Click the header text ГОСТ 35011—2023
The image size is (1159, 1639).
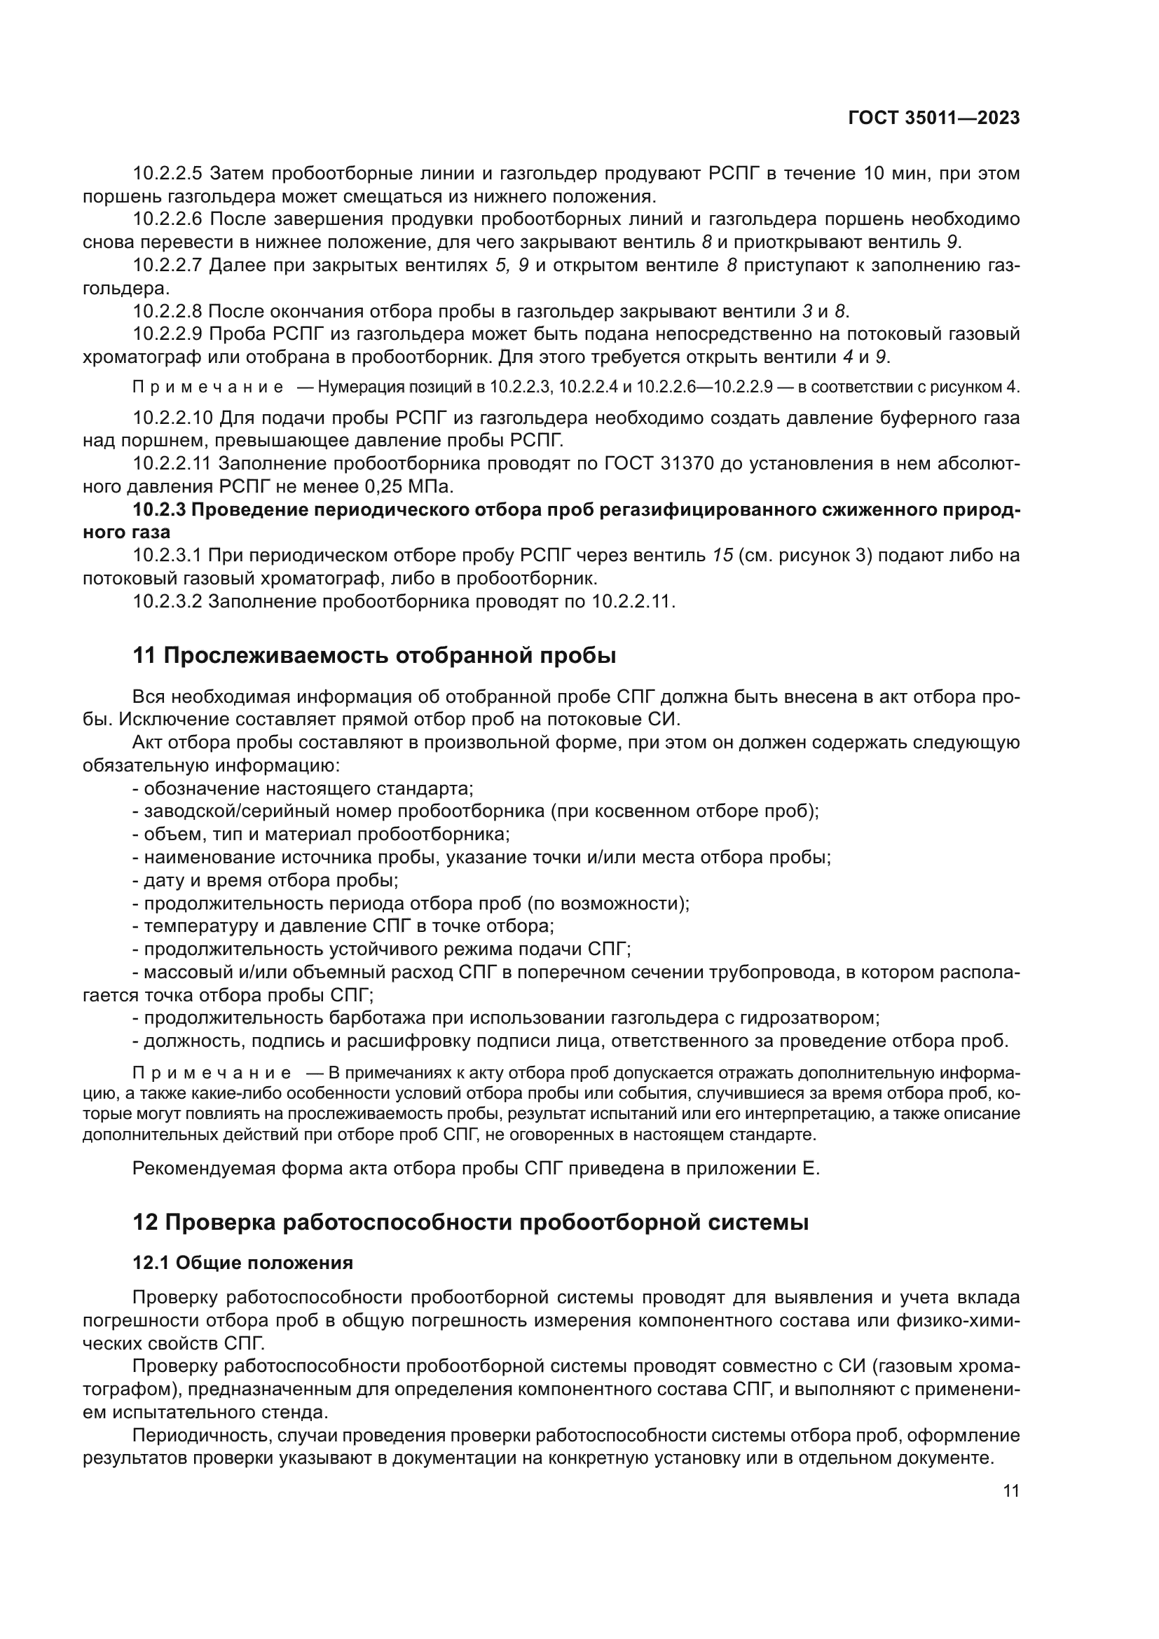tap(933, 118)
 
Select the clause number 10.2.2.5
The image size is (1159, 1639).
tap(167, 174)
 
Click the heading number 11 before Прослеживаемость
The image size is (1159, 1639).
tap(144, 655)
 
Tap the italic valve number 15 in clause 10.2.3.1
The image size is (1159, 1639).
tap(723, 556)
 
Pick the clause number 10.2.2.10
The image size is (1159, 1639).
tap(172, 418)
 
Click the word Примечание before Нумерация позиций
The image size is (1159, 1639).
tap(207, 388)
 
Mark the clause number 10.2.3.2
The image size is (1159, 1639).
tap(167, 601)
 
